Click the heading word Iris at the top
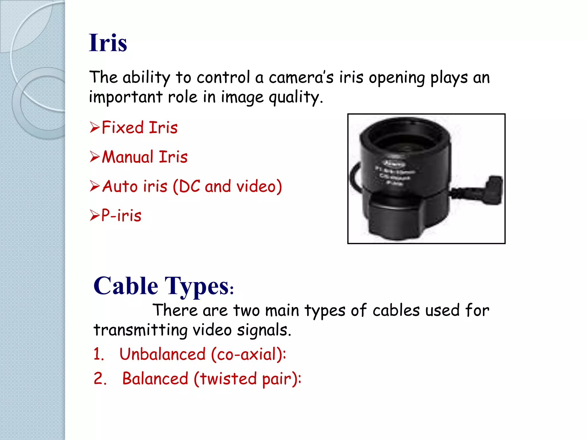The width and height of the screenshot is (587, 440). click(108, 43)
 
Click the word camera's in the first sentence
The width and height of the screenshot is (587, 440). click(301, 78)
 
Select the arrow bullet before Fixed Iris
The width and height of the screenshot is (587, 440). click(95, 127)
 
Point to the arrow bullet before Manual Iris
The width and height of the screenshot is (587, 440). click(95, 157)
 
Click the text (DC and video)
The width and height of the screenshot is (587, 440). click(227, 187)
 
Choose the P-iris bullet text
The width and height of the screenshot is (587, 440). click(121, 215)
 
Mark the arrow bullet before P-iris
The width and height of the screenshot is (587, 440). click(95, 215)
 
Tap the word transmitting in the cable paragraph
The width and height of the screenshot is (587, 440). click(140, 330)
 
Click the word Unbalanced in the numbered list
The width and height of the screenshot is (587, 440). click(163, 354)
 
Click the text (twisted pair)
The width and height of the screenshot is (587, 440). click(247, 379)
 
